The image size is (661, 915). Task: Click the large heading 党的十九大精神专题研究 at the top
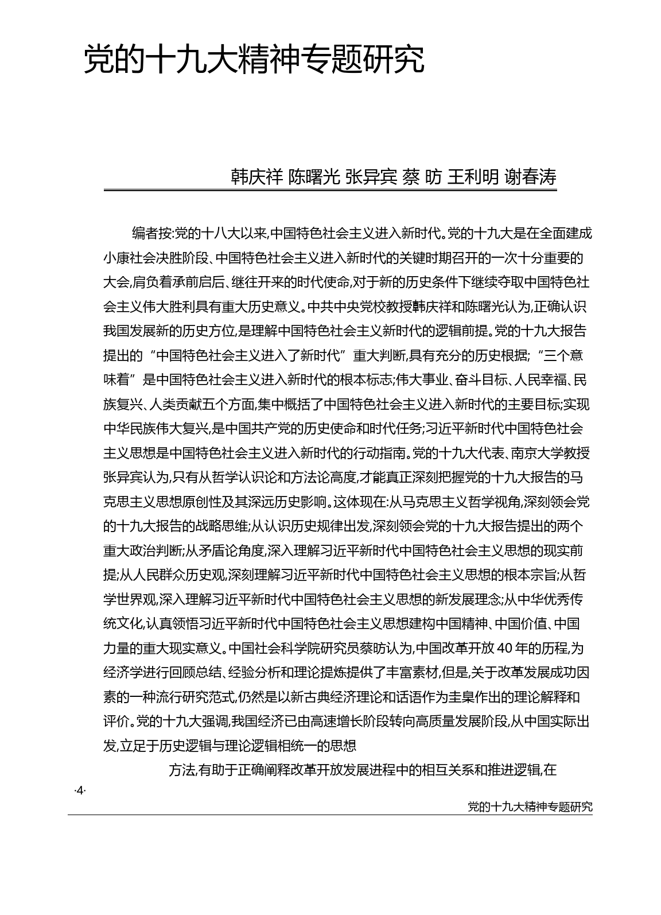pos(254,59)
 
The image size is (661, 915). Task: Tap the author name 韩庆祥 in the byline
pos(256,177)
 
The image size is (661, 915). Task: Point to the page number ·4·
pos(79,791)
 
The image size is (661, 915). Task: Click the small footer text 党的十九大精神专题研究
pos(530,807)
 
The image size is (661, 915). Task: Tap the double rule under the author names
pos(330,190)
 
